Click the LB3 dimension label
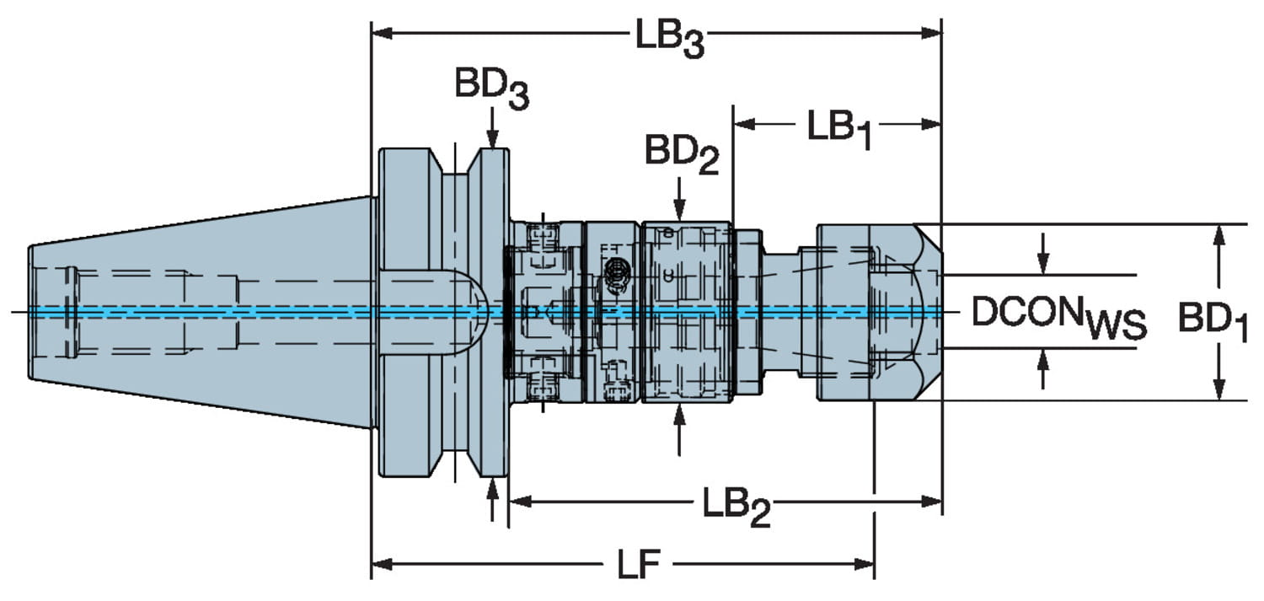669,39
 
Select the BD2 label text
682,154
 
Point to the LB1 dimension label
838,129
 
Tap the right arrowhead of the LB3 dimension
931,34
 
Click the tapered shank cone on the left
202,312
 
